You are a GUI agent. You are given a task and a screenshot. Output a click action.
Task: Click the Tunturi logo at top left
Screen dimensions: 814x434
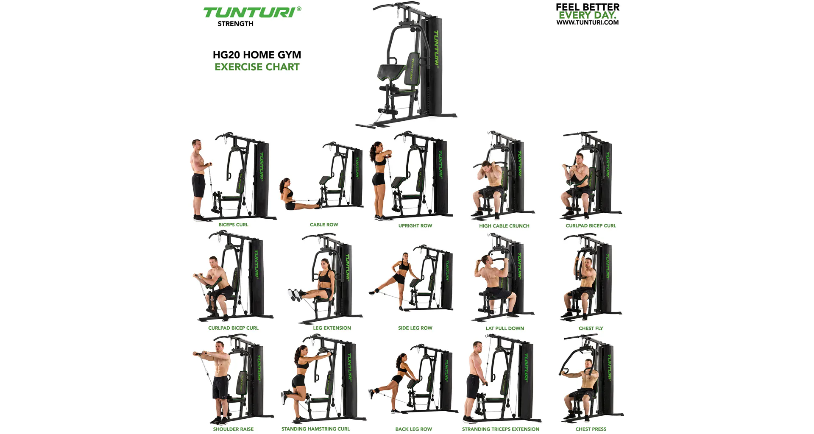point(252,12)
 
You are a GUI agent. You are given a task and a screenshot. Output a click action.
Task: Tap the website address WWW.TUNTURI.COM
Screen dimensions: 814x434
point(588,22)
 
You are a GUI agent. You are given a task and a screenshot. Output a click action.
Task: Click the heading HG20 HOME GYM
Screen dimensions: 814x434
point(257,55)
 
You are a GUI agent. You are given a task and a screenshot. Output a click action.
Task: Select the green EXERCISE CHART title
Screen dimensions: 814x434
point(257,67)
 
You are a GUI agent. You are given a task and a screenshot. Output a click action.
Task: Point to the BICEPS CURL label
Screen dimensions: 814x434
point(233,225)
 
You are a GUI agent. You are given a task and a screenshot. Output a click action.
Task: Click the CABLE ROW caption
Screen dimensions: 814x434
point(324,225)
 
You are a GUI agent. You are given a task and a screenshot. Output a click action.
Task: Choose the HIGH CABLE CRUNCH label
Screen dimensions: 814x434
point(504,226)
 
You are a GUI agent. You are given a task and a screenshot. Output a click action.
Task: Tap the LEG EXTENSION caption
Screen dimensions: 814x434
point(332,328)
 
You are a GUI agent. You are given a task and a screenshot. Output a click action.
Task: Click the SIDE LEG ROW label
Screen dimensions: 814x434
point(415,328)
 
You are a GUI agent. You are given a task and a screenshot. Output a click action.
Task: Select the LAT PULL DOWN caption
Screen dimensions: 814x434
point(505,328)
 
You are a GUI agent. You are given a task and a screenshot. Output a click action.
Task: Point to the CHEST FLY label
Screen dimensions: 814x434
point(591,328)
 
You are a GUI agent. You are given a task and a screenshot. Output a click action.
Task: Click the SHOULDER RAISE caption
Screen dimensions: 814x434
point(233,429)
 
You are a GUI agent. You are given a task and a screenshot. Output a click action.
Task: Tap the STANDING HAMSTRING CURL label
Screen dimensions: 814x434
point(315,429)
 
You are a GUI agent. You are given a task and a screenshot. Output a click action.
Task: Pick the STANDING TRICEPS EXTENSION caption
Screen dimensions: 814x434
point(501,429)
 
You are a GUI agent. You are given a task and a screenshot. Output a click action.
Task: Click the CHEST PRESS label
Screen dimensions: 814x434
point(591,429)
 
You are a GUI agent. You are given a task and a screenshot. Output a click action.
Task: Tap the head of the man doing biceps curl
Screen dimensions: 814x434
point(197,145)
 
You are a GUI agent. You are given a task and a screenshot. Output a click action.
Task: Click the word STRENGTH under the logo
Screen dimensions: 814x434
point(235,24)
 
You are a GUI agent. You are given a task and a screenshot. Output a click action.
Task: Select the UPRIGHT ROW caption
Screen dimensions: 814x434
point(415,226)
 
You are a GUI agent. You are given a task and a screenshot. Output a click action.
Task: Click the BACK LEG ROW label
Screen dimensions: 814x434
point(413,429)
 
